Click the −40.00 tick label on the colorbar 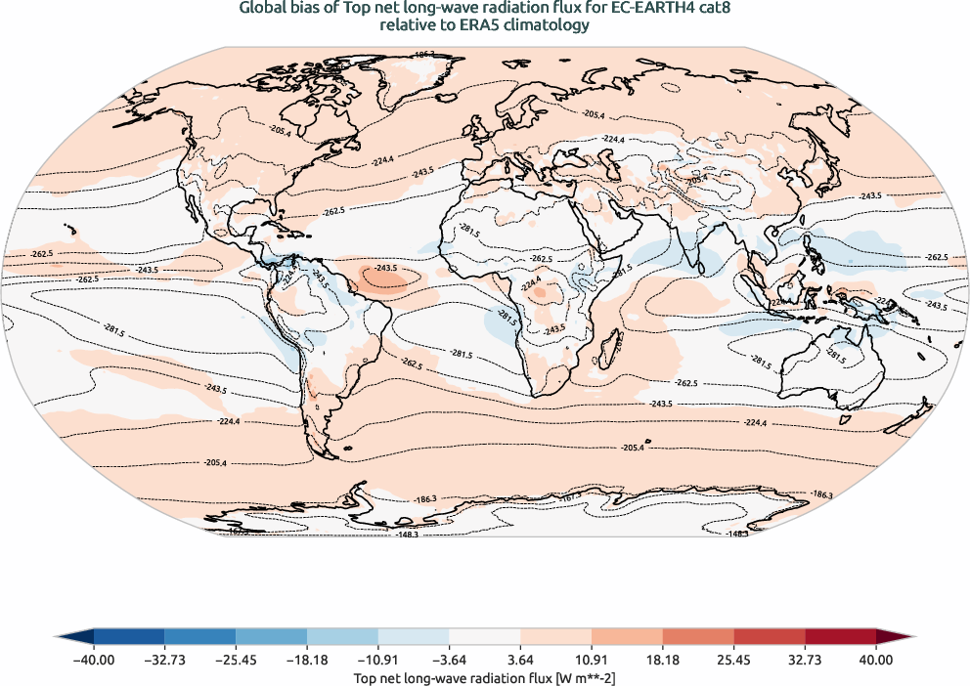pos(94,660)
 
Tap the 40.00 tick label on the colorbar pos(876,660)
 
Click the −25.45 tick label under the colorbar pos(236,660)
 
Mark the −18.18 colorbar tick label pos(307,660)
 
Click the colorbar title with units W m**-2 pos(485,677)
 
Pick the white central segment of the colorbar pos(485,637)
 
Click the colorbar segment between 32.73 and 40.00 pos(840,637)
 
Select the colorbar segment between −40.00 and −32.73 pos(129,637)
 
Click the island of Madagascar pos(613,349)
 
